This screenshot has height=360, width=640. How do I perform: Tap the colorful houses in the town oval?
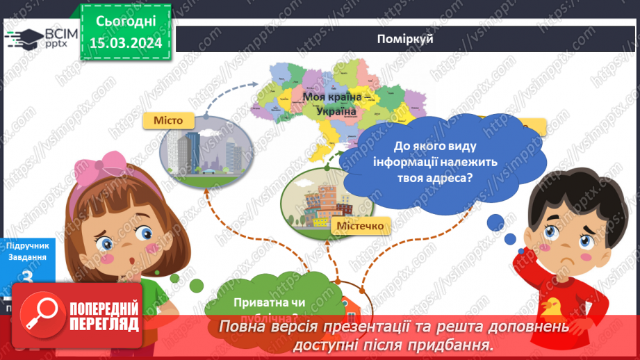click(x=320, y=201)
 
